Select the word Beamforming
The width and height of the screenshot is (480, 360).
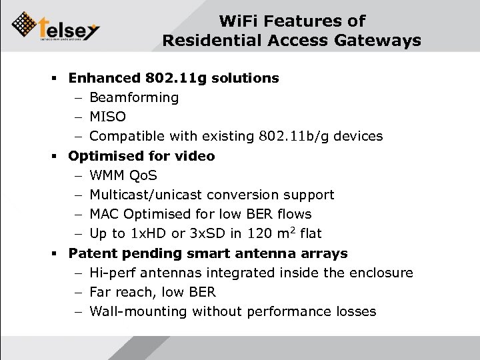point(134,98)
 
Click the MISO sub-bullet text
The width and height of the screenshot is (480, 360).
point(107,117)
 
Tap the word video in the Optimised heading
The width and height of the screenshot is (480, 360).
point(193,156)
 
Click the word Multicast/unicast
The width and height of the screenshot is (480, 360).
point(146,195)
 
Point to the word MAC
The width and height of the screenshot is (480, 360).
point(105,215)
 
